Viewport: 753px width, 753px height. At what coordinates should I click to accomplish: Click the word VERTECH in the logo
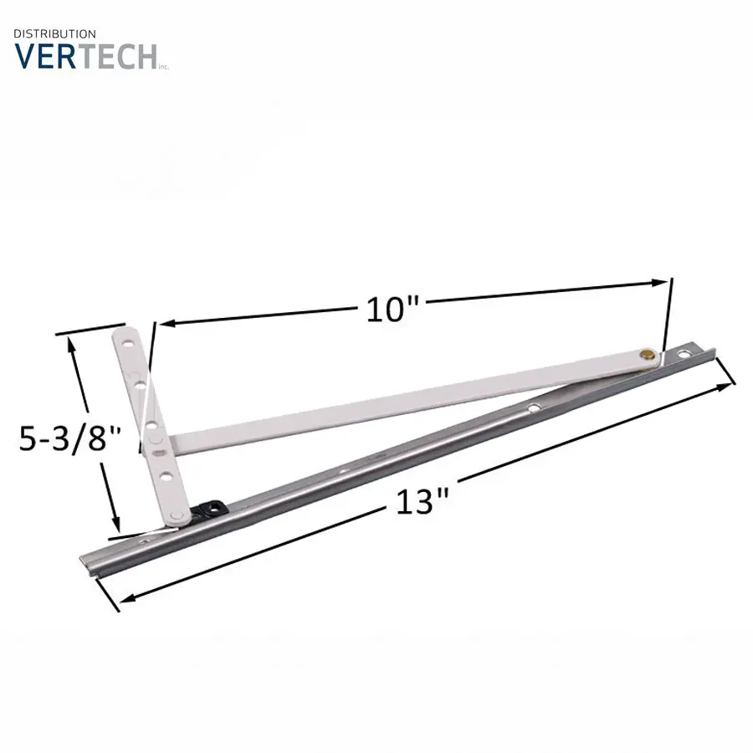coord(85,57)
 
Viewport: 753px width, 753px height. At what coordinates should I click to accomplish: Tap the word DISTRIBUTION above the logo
coord(54,33)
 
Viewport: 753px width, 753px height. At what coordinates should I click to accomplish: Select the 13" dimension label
coord(422,502)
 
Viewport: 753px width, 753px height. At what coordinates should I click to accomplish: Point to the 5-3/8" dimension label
coord(69,438)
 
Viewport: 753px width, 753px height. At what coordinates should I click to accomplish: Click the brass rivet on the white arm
coord(648,355)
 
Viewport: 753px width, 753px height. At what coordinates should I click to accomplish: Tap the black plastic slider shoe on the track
coord(210,509)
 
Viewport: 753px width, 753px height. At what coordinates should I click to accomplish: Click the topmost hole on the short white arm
coord(128,344)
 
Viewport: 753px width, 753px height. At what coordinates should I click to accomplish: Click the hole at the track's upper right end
coord(683,355)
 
